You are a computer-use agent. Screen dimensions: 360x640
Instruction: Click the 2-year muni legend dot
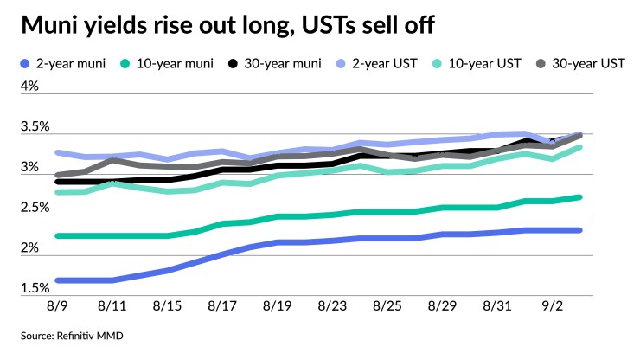coord(24,64)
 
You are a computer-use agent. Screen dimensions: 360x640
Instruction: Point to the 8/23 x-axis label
coord(333,307)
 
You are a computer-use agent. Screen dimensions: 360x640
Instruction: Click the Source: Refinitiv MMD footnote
coord(68,335)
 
